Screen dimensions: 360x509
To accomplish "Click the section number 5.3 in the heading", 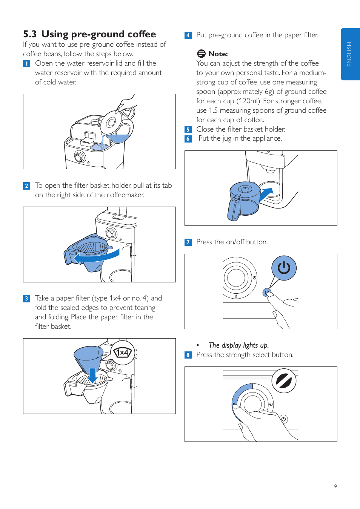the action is (x=30, y=34).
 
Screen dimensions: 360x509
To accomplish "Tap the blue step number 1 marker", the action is (x=27, y=63).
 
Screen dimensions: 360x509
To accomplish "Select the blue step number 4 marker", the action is (x=188, y=35).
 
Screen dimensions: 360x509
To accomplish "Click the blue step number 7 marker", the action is (x=188, y=242).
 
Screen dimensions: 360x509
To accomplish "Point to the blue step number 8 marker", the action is (x=188, y=355).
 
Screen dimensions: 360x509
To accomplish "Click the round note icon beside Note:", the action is (x=201, y=54).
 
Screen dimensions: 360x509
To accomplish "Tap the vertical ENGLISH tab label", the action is (x=349, y=54).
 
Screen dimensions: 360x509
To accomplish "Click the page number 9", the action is (x=335, y=486).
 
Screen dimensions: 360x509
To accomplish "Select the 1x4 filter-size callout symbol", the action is (x=123, y=353).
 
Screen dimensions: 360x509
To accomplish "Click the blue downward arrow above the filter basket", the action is (x=92, y=376).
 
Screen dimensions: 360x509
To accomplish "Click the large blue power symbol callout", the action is (x=284, y=268).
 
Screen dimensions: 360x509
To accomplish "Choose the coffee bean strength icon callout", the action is (x=284, y=380).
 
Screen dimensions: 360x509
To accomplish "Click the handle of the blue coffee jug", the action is (x=234, y=207).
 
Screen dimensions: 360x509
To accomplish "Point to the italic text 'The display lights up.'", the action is (x=238, y=345).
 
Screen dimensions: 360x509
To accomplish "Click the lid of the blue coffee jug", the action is (x=245, y=189).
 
